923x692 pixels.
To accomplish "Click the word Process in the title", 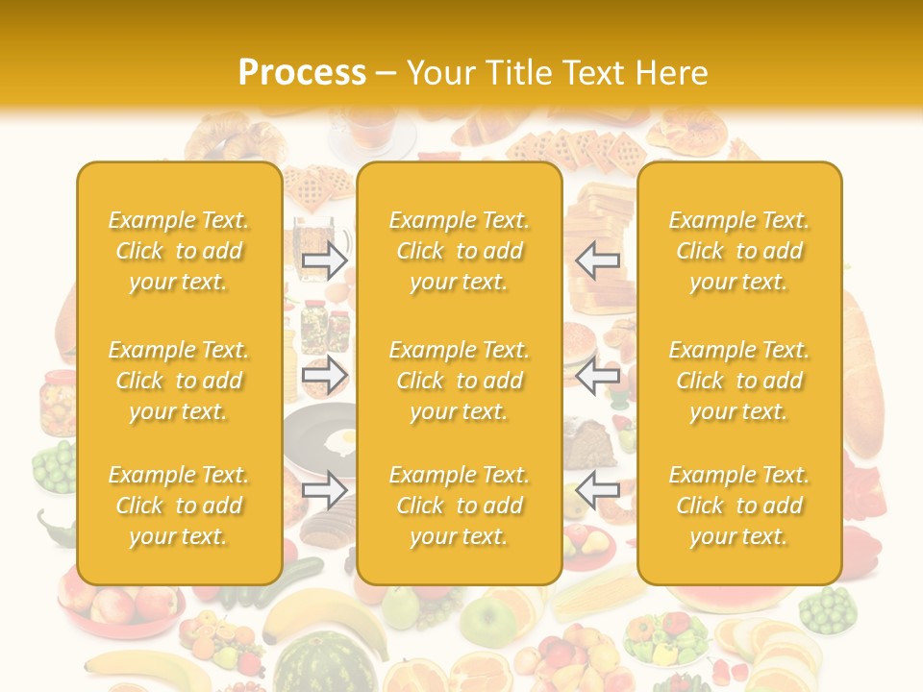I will (302, 73).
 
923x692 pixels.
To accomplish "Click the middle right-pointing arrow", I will (325, 376).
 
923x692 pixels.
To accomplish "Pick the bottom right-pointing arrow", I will (325, 490).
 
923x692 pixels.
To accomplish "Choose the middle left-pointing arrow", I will (598, 376).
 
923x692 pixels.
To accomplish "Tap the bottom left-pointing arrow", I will (598, 490).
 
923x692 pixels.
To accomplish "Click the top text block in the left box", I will (179, 251).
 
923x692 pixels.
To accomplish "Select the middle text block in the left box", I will (179, 381).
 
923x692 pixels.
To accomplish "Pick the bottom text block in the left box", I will (179, 506).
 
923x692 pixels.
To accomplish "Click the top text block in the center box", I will (459, 251).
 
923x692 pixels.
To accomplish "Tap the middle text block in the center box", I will (459, 381).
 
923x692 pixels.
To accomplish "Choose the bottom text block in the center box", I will (459, 506).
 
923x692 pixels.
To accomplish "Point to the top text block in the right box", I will (738, 251).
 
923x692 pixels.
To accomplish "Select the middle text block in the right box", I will (738, 381).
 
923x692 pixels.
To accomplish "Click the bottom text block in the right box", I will (738, 506).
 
